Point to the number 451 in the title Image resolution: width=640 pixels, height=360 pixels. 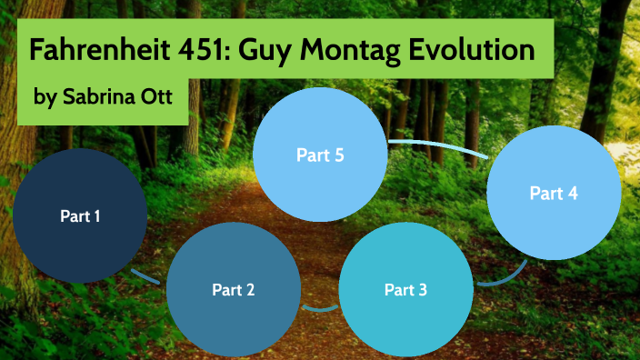click(205, 49)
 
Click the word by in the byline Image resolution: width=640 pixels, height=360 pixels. click(44, 97)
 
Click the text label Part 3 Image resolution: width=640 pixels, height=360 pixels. click(405, 291)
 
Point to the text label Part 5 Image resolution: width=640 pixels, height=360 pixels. click(320, 155)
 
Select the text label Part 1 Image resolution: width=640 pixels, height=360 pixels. click(80, 216)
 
